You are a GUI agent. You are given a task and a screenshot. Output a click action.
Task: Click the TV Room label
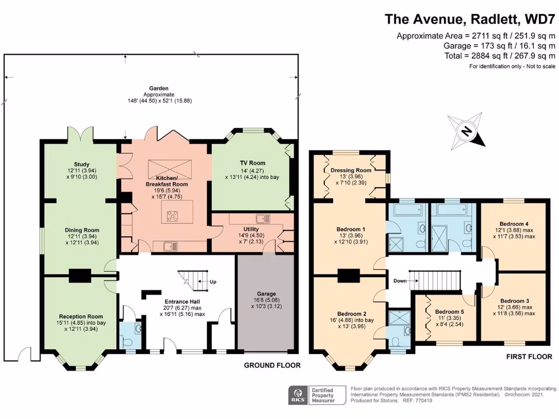252,163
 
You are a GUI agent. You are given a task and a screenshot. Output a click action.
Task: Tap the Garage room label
266,294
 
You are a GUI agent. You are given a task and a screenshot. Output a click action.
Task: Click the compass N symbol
466,131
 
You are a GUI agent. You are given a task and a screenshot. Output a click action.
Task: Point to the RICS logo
298,395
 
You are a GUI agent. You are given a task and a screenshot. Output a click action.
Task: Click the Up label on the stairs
213,282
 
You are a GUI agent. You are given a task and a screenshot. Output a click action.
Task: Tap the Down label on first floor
400,281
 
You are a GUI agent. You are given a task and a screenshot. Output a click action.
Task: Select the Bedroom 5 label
450,312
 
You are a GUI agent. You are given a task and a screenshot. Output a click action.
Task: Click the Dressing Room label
351,170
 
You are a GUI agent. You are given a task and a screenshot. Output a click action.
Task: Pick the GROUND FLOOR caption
272,365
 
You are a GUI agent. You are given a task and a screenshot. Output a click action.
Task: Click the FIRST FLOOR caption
529,357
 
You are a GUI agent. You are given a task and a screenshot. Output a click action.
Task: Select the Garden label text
159,88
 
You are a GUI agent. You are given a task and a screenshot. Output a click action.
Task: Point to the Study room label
82,165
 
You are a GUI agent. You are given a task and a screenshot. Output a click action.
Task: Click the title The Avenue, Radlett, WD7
470,19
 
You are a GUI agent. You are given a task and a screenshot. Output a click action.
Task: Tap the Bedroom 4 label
514,224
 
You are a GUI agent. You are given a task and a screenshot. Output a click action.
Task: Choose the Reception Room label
81,316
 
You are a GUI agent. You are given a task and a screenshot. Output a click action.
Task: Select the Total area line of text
500,56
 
